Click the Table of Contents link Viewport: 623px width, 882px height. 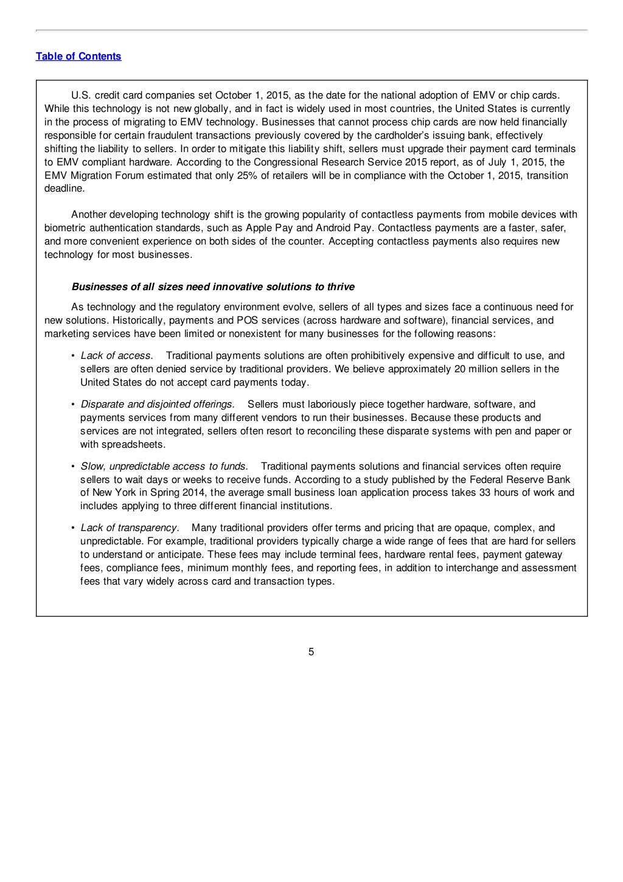pyautogui.click(x=78, y=57)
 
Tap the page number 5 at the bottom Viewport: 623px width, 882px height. pyautogui.click(x=311, y=653)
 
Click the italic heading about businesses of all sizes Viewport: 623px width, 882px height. pyautogui.click(x=213, y=287)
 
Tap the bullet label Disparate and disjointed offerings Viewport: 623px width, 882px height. pyautogui.click(x=158, y=405)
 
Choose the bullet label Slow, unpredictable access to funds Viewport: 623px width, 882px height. pyautogui.click(x=164, y=467)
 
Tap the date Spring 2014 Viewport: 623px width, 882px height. pyautogui.click(x=177, y=493)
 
